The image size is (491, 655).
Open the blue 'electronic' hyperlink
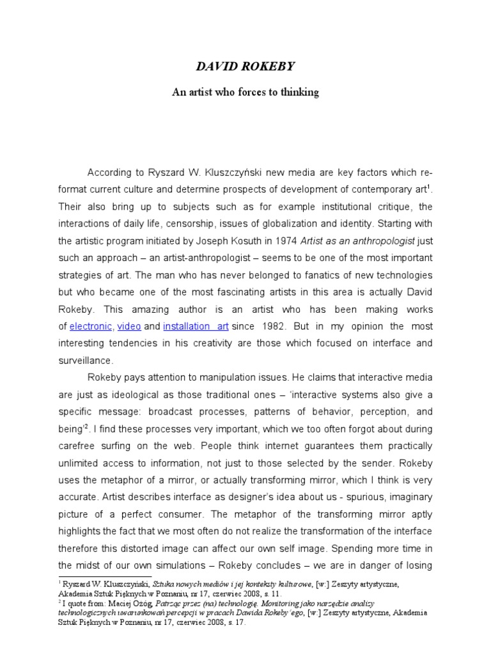tap(91, 326)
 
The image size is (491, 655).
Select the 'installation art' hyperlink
tap(196, 326)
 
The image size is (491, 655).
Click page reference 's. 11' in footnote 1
tap(254, 593)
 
